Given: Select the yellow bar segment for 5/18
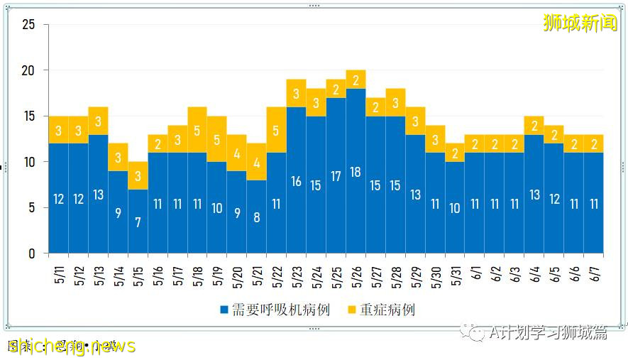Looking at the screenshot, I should [x=197, y=130].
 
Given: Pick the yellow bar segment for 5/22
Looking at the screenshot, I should [x=277, y=130].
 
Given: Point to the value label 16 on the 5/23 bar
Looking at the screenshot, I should [x=296, y=181].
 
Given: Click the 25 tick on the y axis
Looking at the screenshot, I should [x=28, y=25].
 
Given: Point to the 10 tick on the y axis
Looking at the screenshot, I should [x=28, y=162].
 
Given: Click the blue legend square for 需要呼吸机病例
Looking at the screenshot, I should [x=224, y=310].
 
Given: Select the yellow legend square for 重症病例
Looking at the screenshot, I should [x=351, y=310].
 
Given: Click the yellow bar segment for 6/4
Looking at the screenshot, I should [x=534, y=126].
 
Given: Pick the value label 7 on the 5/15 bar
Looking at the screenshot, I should [x=138, y=222].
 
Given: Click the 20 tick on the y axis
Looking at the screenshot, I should [x=28, y=71].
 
